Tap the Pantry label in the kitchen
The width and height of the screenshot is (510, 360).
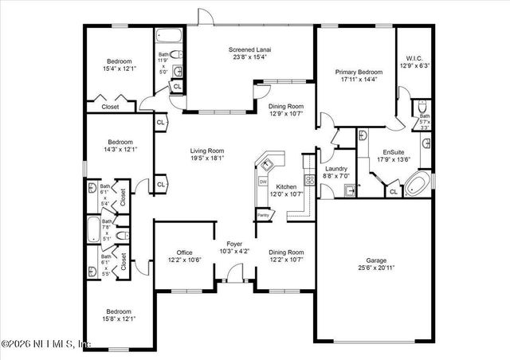coord(262,214)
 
